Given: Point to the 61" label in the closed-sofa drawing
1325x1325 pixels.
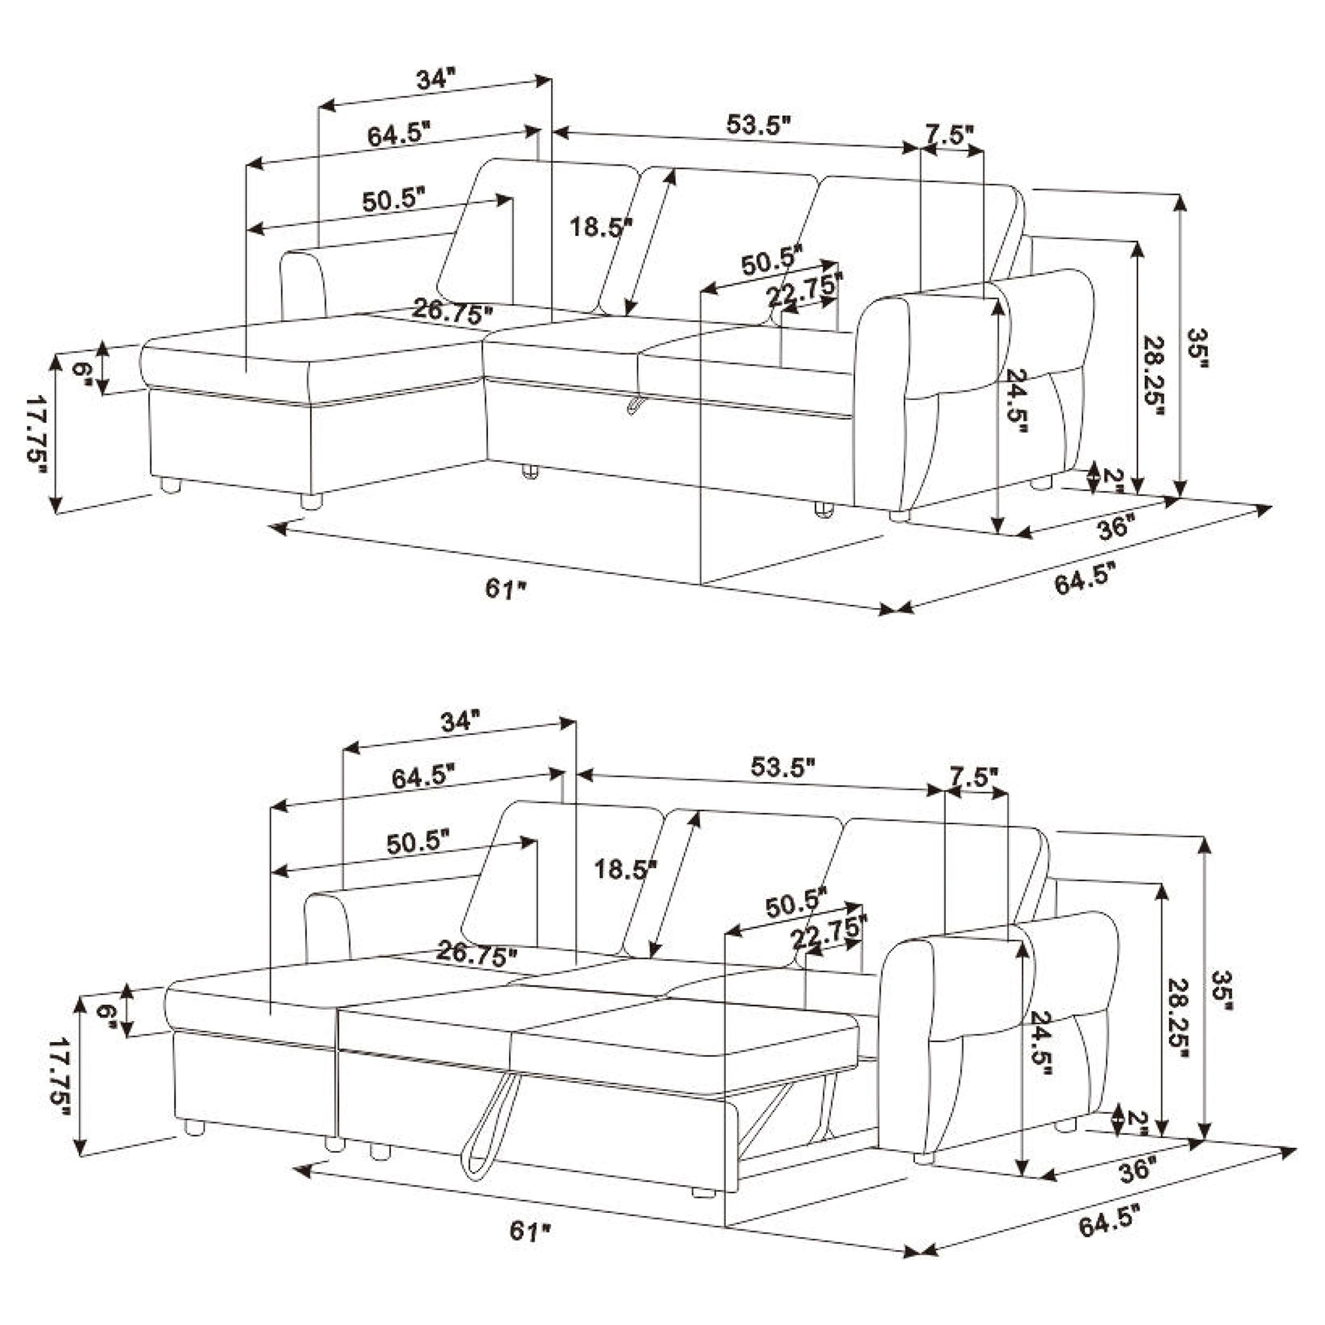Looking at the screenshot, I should tap(506, 588).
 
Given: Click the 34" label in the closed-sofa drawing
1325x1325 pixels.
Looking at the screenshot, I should tap(436, 79).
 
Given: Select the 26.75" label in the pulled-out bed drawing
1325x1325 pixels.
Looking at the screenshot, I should tap(476, 953).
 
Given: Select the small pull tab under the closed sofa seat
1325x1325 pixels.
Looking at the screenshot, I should tap(634, 404).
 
